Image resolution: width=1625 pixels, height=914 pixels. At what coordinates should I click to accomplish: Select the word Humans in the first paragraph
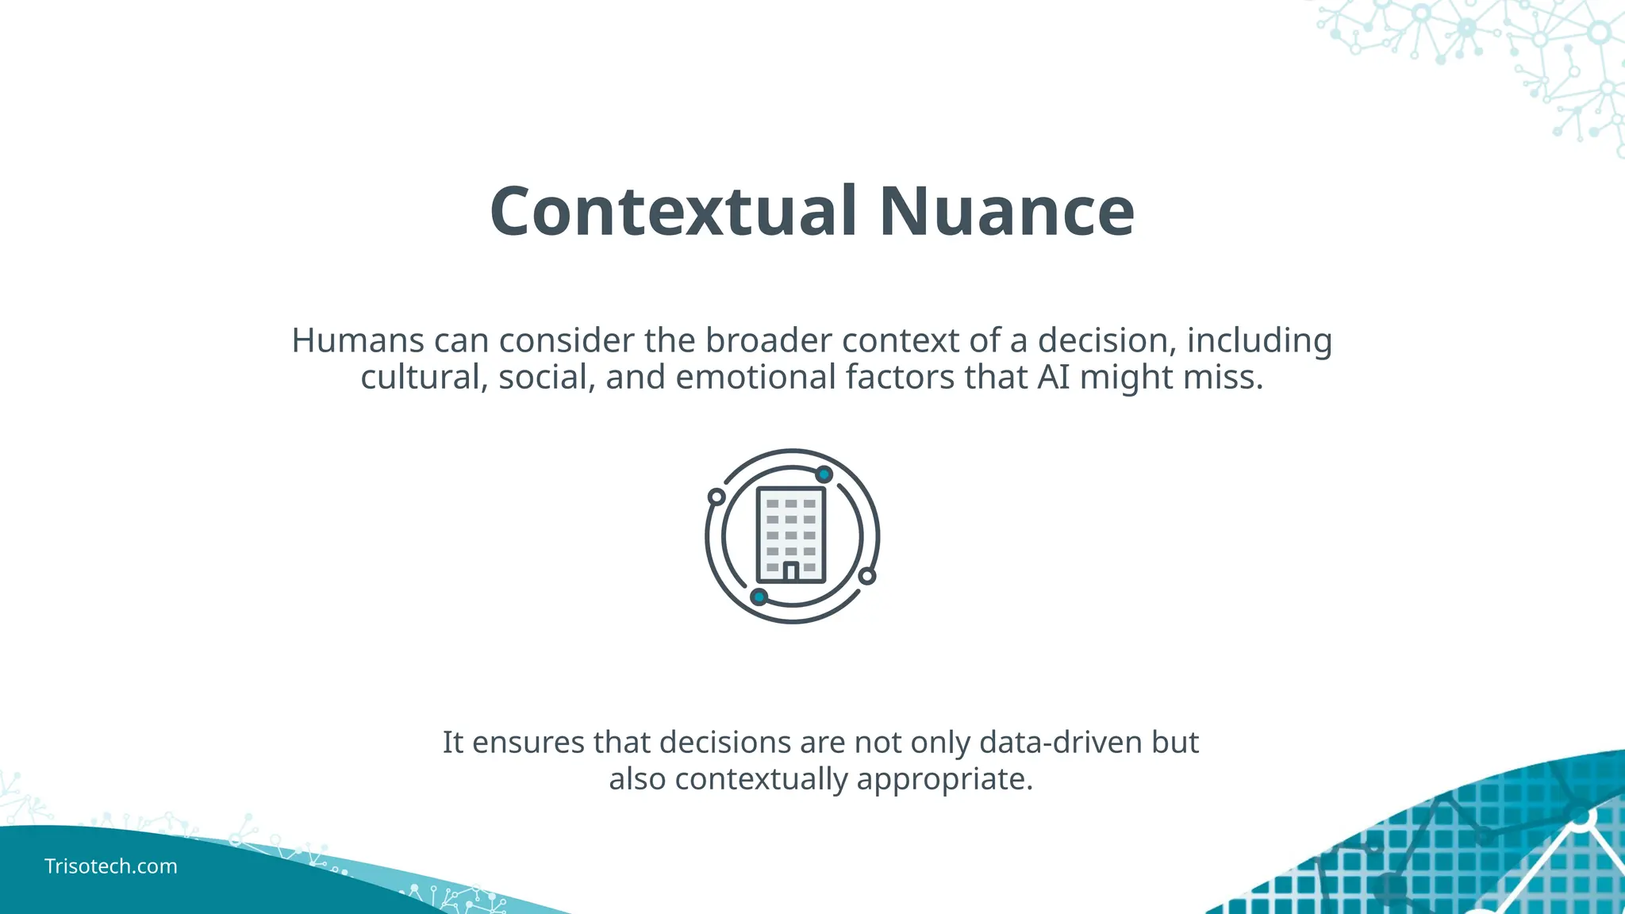(x=358, y=340)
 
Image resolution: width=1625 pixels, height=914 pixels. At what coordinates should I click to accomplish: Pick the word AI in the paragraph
(x=1053, y=377)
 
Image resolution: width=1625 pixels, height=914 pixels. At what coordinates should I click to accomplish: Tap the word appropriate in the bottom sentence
(x=944, y=779)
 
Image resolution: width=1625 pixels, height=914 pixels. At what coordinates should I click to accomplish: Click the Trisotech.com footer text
(x=111, y=866)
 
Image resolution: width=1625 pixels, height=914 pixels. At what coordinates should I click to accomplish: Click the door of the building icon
(x=790, y=571)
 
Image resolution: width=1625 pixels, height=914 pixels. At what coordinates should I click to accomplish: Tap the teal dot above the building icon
(x=824, y=474)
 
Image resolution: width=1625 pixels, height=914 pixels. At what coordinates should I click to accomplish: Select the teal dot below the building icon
(x=759, y=597)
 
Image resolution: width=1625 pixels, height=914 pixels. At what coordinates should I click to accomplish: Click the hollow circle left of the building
(x=716, y=497)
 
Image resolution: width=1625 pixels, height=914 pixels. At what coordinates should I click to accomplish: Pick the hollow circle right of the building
(x=867, y=576)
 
